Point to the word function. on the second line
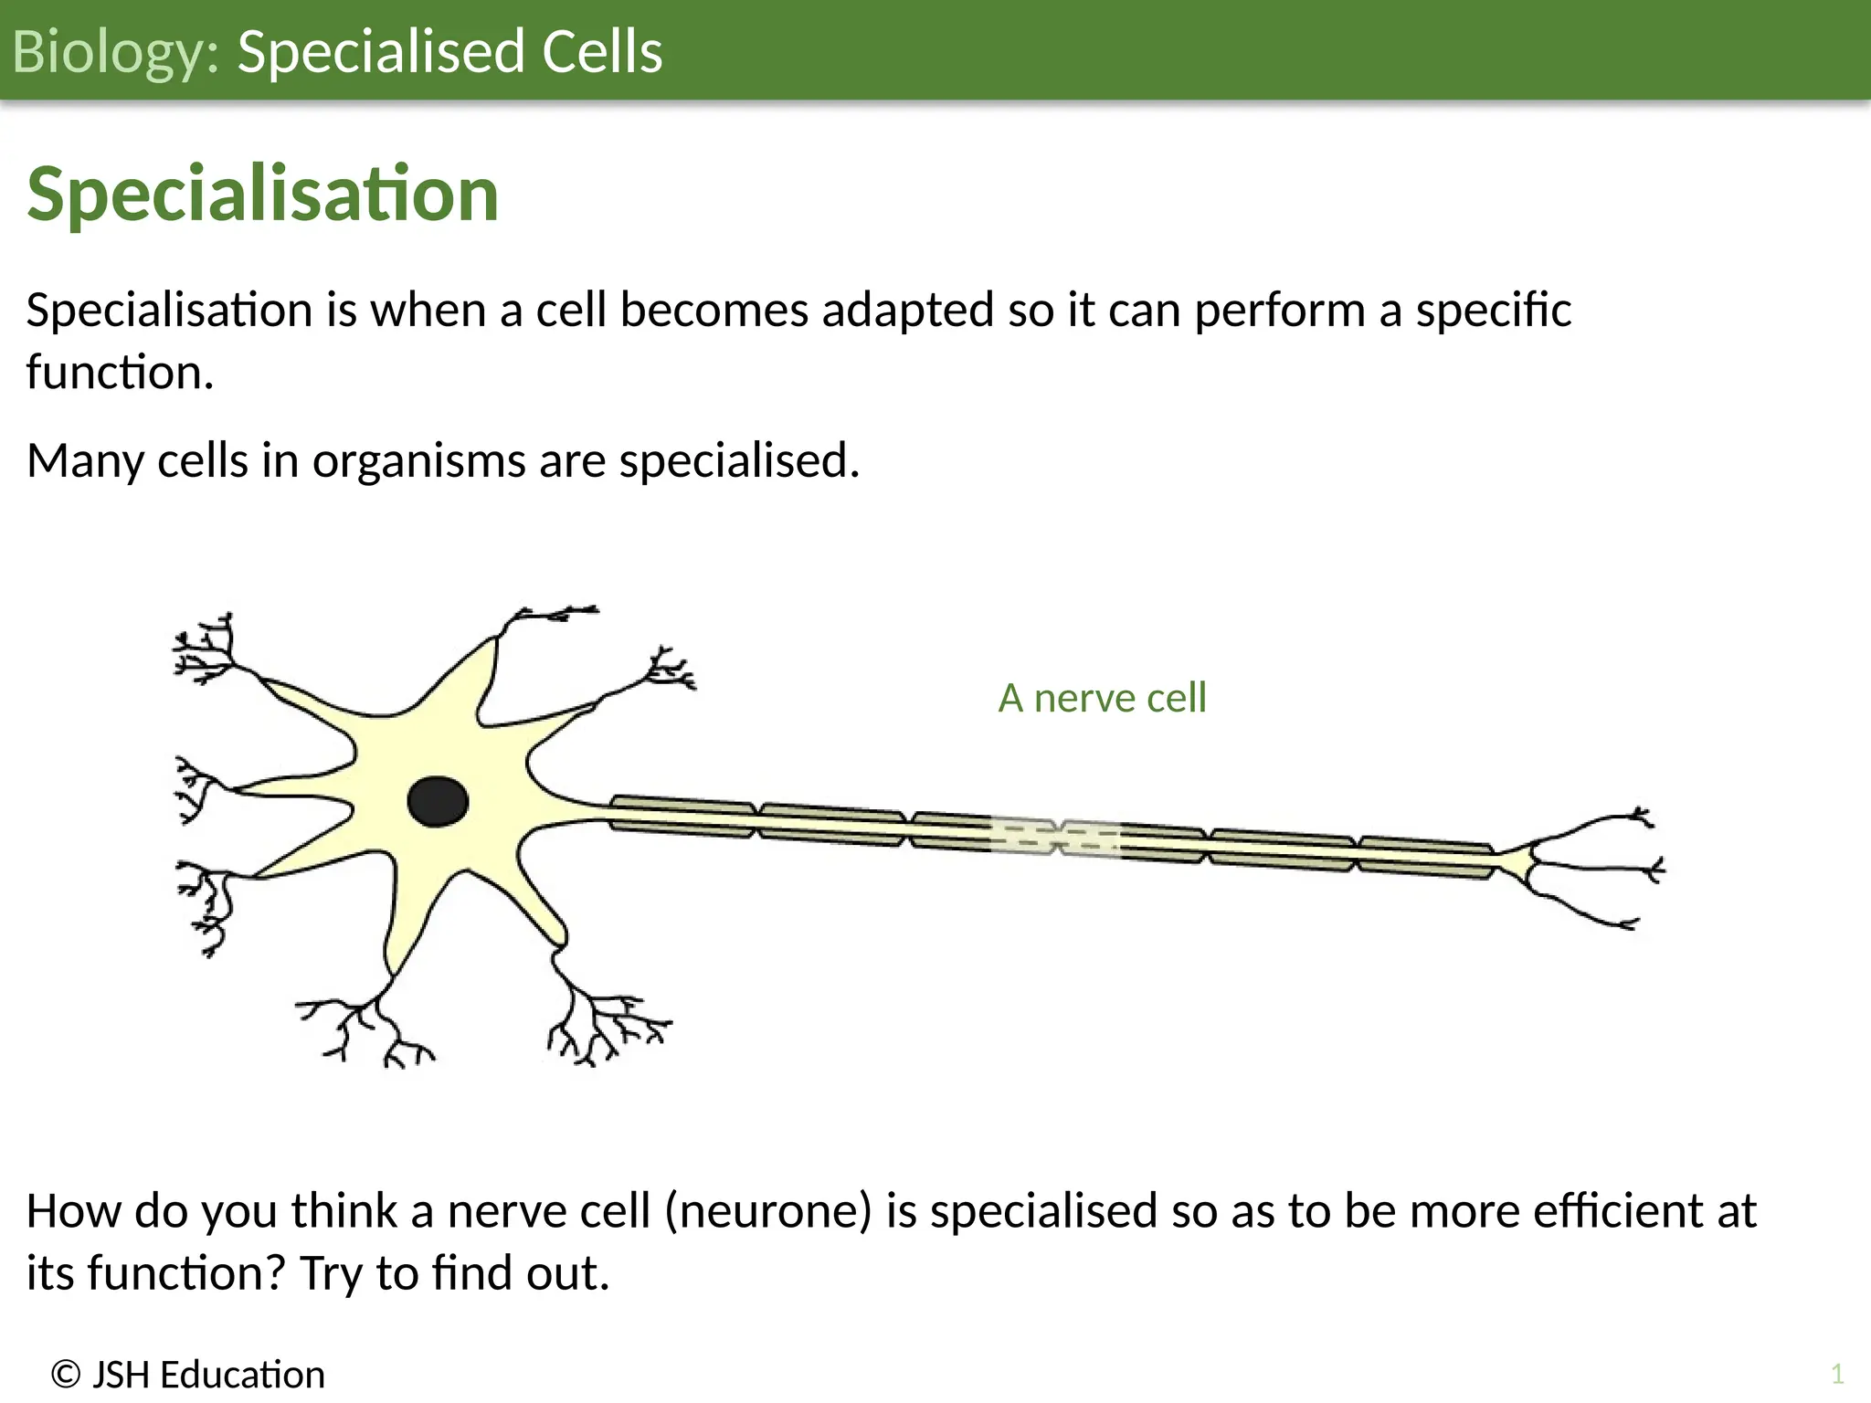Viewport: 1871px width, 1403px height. tap(120, 373)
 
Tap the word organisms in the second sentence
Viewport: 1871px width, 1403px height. tap(418, 460)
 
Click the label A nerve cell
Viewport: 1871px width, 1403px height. tap(1102, 698)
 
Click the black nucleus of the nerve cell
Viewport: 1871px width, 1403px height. tap(438, 802)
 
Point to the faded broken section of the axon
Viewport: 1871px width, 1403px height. tap(1055, 837)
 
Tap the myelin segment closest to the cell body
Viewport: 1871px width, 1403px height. tap(682, 817)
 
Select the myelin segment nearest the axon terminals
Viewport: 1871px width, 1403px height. tap(1425, 857)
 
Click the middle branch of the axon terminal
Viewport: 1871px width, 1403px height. tap(1608, 868)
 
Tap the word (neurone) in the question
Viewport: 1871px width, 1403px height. tap(767, 1211)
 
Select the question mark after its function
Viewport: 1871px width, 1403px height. tap(277, 1273)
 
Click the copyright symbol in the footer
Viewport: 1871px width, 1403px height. tap(66, 1375)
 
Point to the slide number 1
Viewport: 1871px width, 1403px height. tap(1836, 1374)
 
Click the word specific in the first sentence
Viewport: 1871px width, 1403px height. tap(1493, 311)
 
